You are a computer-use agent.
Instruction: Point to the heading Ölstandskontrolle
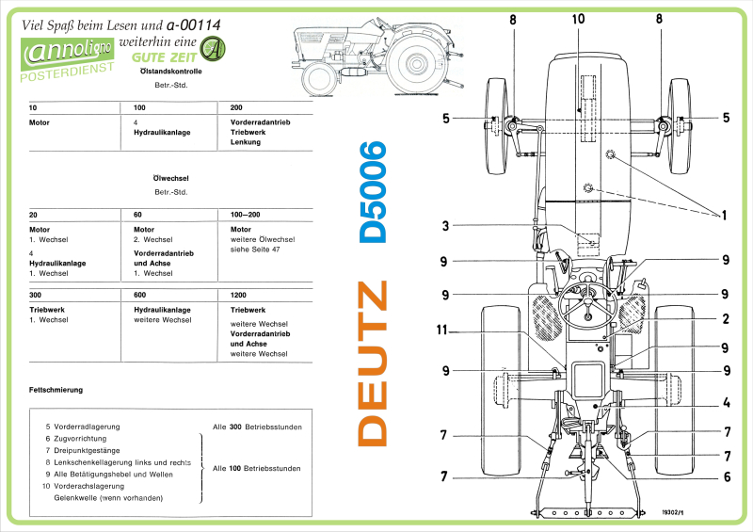[x=170, y=71]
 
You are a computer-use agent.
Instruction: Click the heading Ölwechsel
[x=170, y=177]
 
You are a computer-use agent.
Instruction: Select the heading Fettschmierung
[x=56, y=389]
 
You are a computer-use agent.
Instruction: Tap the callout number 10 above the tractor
[x=577, y=19]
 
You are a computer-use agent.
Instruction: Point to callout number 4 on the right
[x=726, y=403]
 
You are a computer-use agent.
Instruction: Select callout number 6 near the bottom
[x=726, y=476]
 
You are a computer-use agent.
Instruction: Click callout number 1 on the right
[x=726, y=216]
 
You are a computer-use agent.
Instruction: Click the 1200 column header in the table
[x=238, y=295]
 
